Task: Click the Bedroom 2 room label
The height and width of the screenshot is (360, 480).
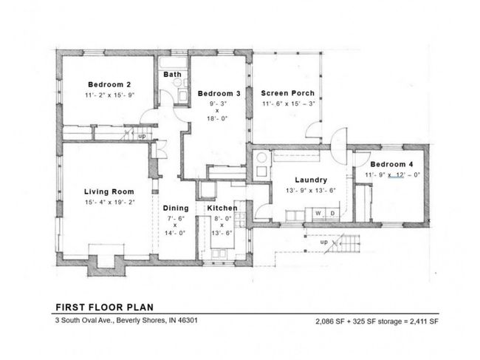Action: (x=109, y=84)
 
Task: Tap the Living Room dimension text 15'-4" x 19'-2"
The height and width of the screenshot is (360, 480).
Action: (x=110, y=203)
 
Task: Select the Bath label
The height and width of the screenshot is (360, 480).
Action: (x=172, y=75)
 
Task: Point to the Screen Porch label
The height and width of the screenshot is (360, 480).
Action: (x=288, y=93)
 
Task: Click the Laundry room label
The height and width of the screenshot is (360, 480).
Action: (x=311, y=180)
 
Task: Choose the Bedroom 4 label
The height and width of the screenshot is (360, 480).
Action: (x=391, y=164)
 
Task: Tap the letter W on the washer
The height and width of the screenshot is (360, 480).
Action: (x=318, y=213)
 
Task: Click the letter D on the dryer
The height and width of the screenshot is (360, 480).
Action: (x=332, y=213)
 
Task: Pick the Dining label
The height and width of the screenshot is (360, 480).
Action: (x=176, y=208)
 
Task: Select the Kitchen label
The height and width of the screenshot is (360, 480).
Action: (x=222, y=208)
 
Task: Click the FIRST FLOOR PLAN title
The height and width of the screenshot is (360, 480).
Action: (x=105, y=308)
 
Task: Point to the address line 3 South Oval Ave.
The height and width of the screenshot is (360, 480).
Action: (x=126, y=321)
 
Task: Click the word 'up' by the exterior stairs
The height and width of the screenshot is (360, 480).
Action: (x=324, y=242)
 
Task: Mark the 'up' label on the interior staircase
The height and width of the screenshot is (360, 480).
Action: (x=142, y=136)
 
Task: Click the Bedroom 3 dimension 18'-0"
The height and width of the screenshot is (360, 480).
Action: (x=217, y=118)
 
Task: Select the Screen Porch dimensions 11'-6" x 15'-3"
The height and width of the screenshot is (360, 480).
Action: (x=289, y=103)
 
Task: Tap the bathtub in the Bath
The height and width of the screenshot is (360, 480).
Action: (x=173, y=63)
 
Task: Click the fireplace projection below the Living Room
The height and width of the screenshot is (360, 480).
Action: (x=106, y=265)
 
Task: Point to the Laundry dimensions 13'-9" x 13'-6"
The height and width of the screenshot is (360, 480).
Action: (x=311, y=191)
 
